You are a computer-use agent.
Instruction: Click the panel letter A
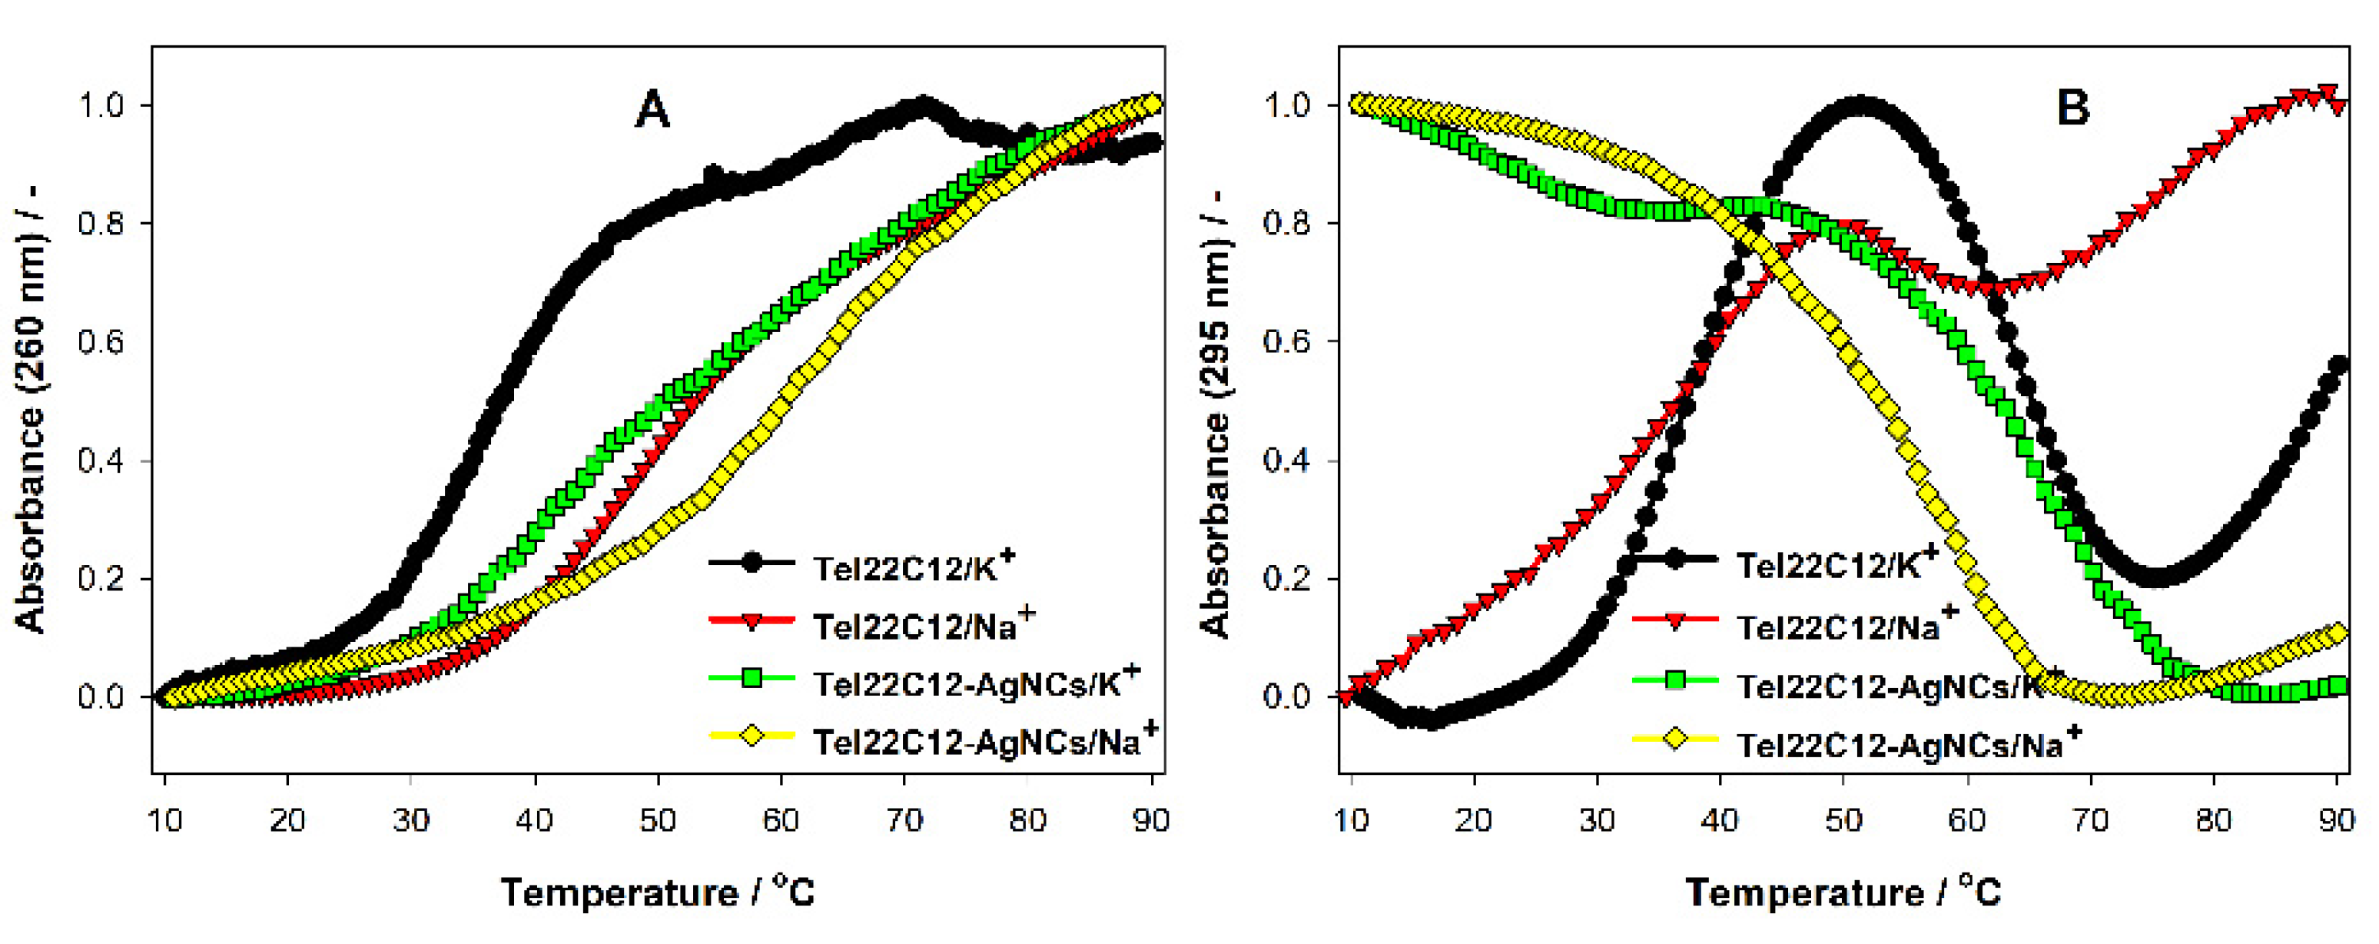(652, 111)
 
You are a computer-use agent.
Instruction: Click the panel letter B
(2072, 108)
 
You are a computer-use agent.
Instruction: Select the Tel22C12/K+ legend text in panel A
(912, 567)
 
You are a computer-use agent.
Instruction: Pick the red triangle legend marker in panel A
(751, 622)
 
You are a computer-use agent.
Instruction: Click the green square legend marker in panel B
(1674, 682)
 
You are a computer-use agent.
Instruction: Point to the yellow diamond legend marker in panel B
(1674, 739)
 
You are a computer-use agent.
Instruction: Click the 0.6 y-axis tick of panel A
(101, 342)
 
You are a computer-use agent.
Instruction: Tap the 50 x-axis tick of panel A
(658, 819)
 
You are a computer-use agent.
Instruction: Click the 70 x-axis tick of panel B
(2091, 819)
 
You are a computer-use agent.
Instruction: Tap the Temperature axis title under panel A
(658, 892)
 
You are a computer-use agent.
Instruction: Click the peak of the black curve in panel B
(1858, 105)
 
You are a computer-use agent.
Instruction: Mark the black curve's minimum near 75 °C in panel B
(2154, 578)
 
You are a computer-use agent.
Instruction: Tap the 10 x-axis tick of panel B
(1351, 819)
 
